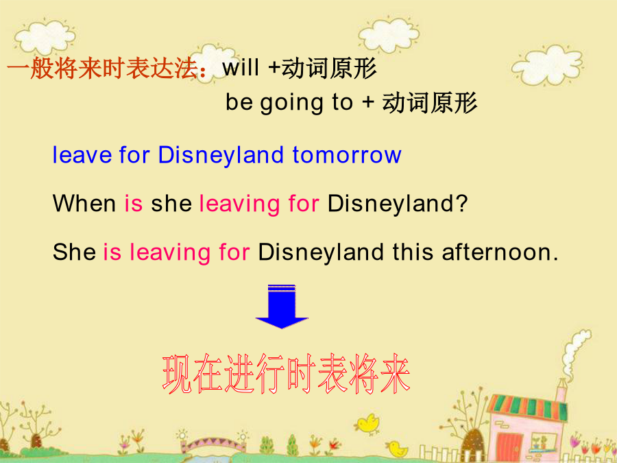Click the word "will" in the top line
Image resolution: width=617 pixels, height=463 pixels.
[x=241, y=68]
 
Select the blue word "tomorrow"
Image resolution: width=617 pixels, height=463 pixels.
[x=347, y=155]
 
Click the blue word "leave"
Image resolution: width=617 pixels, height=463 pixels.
[x=82, y=155]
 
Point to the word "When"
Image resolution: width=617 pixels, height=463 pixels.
[x=84, y=204]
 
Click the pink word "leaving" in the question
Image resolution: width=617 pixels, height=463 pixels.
[x=239, y=204]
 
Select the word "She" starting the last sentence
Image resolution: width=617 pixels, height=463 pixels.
[x=74, y=252]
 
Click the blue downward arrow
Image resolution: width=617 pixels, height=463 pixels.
[x=282, y=307]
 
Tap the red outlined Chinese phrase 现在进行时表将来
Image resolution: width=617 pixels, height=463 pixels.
[x=286, y=374]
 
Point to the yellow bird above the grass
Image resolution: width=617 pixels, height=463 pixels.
[x=367, y=425]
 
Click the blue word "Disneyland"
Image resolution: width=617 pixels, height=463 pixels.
[x=221, y=156]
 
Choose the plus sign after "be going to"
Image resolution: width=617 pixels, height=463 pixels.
[x=368, y=102]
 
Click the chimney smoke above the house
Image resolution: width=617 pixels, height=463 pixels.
[x=574, y=351]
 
